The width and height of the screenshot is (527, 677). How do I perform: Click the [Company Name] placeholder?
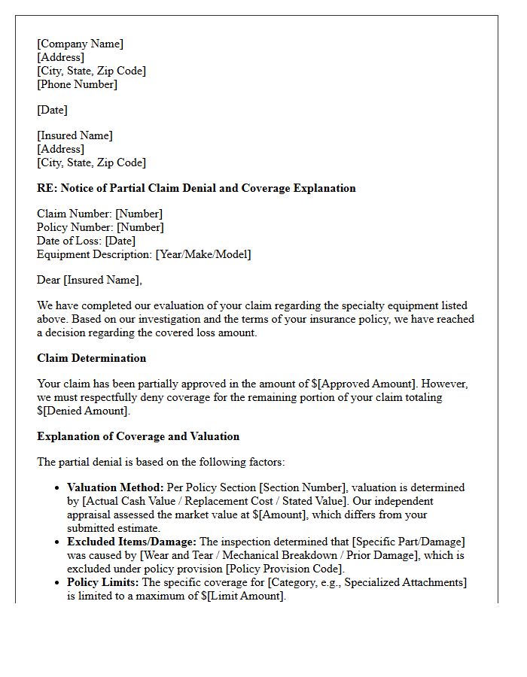pyautogui.click(x=80, y=44)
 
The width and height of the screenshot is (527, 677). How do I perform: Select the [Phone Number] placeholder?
pyautogui.click(x=77, y=84)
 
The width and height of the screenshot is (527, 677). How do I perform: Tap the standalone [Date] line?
pyautogui.click(x=52, y=110)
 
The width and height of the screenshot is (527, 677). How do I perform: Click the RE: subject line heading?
pyautogui.click(x=196, y=188)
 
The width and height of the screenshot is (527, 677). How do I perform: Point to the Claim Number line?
pyautogui.click(x=99, y=214)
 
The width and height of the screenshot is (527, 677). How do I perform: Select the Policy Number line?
pyautogui.click(x=100, y=227)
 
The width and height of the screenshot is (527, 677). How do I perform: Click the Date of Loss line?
pyautogui.click(x=86, y=241)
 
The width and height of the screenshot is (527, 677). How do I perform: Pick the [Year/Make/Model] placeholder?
pyautogui.click(x=203, y=254)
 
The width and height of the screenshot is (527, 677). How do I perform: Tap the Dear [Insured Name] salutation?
pyautogui.click(x=89, y=280)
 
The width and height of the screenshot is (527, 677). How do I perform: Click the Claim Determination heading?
pyautogui.click(x=91, y=358)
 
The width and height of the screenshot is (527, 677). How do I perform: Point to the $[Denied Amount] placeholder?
pyautogui.click(x=84, y=411)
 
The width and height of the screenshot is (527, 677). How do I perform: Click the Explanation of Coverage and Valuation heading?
pyautogui.click(x=138, y=436)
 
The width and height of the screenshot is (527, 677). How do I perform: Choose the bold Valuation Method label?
pyautogui.click(x=115, y=487)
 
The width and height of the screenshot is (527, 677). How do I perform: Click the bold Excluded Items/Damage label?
pyautogui.click(x=132, y=542)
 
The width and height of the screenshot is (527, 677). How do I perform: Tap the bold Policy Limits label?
pyautogui.click(x=103, y=582)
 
